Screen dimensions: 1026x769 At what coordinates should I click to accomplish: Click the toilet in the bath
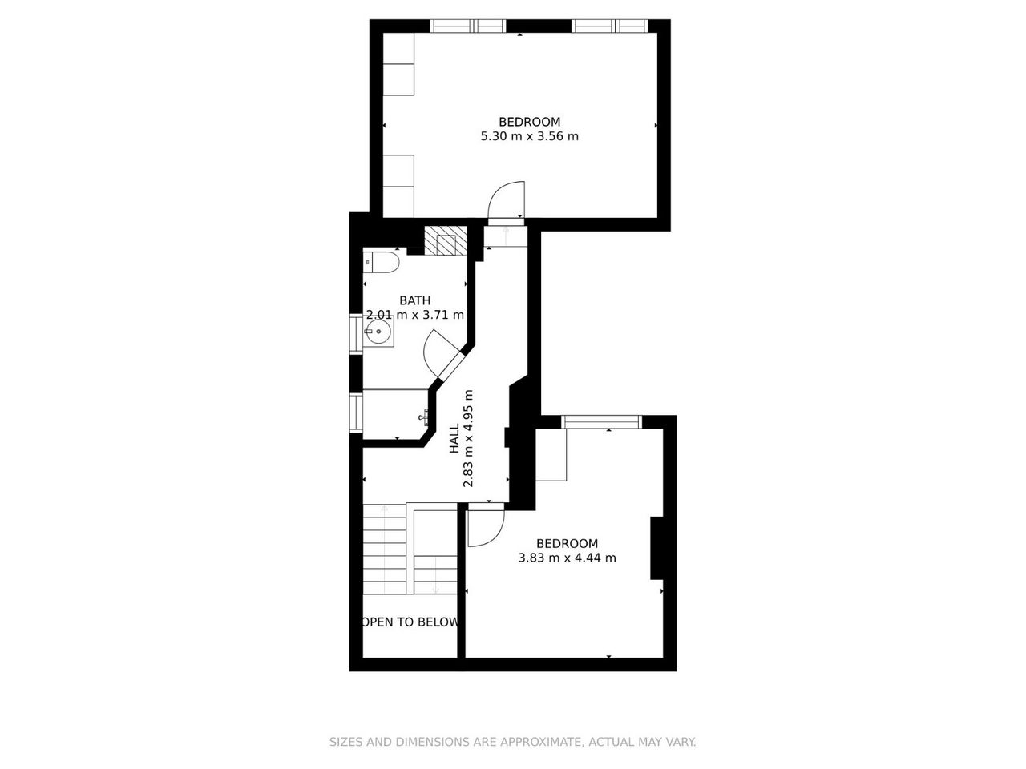(381, 263)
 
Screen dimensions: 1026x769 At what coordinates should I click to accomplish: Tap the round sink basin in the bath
(378, 332)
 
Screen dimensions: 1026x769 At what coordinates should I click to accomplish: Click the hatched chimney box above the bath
(445, 240)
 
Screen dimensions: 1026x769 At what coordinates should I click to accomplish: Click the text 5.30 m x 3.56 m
(530, 136)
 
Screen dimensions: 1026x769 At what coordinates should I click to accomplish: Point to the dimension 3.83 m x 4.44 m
(567, 558)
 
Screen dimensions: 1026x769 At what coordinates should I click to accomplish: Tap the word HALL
(454, 438)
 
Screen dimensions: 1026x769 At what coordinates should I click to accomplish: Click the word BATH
(414, 300)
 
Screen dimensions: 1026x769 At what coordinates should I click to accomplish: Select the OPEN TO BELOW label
(410, 622)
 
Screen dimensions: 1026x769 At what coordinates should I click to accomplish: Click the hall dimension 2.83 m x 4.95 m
(468, 438)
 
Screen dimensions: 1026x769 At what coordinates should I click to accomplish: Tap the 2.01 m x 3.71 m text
(414, 315)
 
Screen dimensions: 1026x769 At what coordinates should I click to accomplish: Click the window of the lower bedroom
(602, 421)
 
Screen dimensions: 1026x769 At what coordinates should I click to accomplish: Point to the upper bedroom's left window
(468, 26)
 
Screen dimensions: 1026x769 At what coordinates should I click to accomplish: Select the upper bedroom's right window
(609, 26)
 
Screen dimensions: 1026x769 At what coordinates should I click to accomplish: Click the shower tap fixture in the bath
(425, 416)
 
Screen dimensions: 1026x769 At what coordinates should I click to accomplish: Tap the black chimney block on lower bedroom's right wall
(656, 548)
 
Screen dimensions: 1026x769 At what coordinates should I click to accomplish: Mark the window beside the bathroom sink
(356, 334)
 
